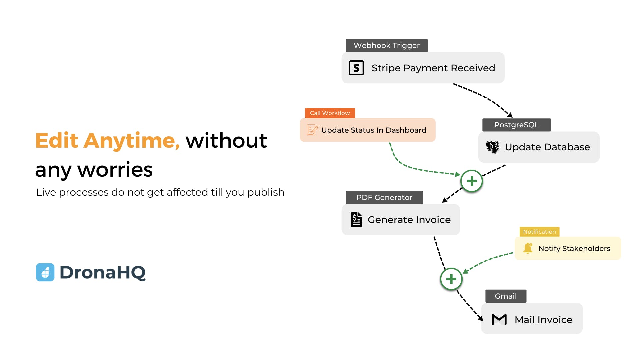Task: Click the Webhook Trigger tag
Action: pos(386,45)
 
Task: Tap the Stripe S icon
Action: pos(356,68)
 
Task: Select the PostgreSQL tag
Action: pos(516,125)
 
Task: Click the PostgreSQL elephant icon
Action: pos(493,147)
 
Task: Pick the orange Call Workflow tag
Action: pos(330,113)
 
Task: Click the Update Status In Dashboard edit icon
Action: pos(312,130)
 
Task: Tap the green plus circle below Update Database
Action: pos(472,181)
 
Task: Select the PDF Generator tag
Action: pos(384,197)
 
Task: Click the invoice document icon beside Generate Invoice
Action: pos(356,220)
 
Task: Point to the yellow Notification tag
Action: pos(539,232)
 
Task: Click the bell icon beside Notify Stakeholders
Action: pos(528,248)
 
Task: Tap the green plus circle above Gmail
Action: pos(451,279)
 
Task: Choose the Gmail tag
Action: pos(506,296)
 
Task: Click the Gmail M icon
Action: pos(499,319)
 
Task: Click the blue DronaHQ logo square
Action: pos(45,272)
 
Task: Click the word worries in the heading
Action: pos(115,170)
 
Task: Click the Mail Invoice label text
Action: pos(543,320)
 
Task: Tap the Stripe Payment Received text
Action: pos(433,68)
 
